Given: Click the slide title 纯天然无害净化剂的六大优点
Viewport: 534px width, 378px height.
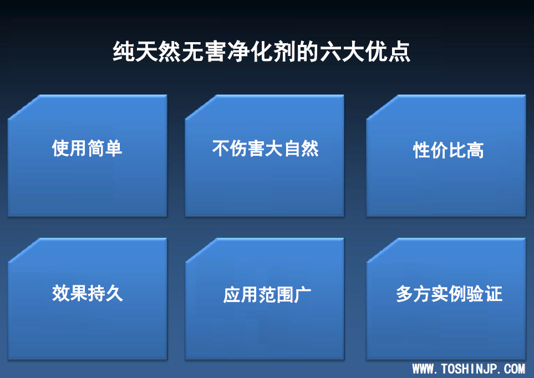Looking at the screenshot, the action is click(261, 52).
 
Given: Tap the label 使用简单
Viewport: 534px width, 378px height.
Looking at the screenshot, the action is click(87, 148).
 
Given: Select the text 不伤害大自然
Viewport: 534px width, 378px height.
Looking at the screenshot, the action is click(265, 148).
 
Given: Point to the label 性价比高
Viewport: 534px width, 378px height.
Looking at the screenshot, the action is click(448, 150).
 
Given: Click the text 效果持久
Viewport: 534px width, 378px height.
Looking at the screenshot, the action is click(87, 293).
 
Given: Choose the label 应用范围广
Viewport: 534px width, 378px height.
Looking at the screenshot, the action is click(267, 294).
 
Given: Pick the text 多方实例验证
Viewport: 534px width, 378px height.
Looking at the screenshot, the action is click(449, 294).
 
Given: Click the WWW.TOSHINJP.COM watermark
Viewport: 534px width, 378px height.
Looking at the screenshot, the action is click(469, 369).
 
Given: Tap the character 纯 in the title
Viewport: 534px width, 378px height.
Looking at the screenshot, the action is click(123, 52).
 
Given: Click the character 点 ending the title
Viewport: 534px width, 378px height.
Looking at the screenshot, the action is click(399, 52).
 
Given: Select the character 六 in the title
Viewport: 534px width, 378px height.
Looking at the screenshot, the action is click(330, 52).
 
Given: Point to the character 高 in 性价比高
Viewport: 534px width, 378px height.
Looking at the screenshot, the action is click(475, 150).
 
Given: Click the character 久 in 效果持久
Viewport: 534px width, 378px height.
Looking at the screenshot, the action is click(114, 293).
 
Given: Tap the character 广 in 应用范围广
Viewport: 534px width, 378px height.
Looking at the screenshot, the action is click(302, 294).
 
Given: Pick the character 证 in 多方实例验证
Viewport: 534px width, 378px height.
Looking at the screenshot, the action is click(494, 294).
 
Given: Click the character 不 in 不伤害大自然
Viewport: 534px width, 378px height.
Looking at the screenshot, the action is click(221, 148).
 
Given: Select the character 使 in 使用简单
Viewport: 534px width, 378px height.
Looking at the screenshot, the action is click(60, 148).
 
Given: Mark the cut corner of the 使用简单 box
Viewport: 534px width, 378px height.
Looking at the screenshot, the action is click(24, 107).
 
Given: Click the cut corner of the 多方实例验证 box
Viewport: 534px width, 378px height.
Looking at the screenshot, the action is click(382, 251).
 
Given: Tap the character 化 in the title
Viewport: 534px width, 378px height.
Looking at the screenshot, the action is click(261, 52).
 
